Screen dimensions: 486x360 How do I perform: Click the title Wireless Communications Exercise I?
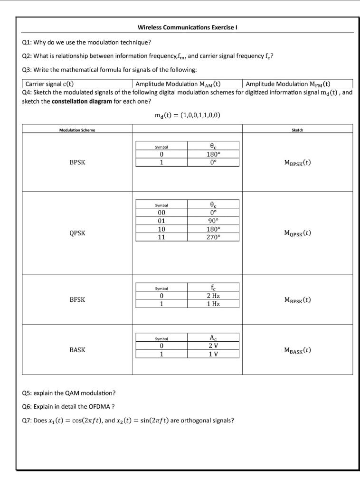pyautogui.click(x=187, y=28)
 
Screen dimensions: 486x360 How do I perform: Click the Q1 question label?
pyautogui.click(x=28, y=42)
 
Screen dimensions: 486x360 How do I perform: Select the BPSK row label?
pyautogui.click(x=77, y=162)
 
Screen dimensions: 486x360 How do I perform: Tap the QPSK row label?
pyautogui.click(x=77, y=233)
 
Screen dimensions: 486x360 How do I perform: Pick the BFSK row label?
pyautogui.click(x=77, y=299)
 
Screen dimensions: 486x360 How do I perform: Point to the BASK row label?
pyautogui.click(x=77, y=350)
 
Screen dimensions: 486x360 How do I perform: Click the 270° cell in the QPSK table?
pyautogui.click(x=213, y=237)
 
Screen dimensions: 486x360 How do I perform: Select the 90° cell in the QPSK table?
pyautogui.click(x=213, y=221)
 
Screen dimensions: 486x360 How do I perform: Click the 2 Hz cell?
pyautogui.click(x=213, y=296)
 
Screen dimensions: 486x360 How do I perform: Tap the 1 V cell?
pyautogui.click(x=213, y=354)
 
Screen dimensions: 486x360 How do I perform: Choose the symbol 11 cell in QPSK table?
pyautogui.click(x=161, y=237)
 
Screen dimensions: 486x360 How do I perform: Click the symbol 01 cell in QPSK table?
pyautogui.click(x=161, y=221)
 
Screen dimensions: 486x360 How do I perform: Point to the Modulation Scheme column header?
pyautogui.click(x=77, y=129)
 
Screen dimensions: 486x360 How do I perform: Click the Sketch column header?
pyautogui.click(x=297, y=129)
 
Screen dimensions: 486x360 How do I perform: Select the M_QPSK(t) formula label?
pyautogui.click(x=297, y=233)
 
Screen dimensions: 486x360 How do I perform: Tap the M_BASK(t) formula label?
pyautogui.click(x=297, y=350)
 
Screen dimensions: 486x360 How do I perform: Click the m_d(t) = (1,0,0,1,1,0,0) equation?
pyautogui.click(x=187, y=115)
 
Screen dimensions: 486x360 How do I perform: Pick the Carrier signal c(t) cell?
pyautogui.click(x=49, y=84)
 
